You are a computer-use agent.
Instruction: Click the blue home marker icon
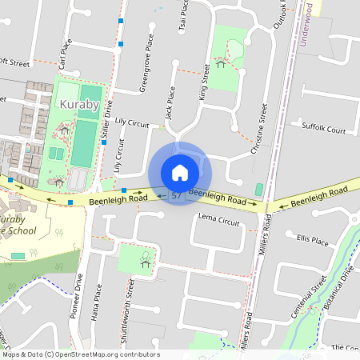click(x=180, y=172)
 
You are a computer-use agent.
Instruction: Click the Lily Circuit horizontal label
click(x=132, y=122)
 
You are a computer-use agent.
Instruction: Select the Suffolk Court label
click(x=323, y=128)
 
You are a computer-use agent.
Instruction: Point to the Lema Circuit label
click(x=218, y=218)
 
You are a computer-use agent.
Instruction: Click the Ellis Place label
click(x=312, y=239)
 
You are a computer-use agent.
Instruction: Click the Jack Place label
click(x=170, y=105)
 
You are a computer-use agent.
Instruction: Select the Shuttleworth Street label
click(x=126, y=311)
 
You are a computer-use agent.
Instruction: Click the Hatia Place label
click(x=97, y=308)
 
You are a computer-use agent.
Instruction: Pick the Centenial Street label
click(x=308, y=297)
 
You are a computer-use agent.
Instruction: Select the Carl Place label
click(x=62, y=56)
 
